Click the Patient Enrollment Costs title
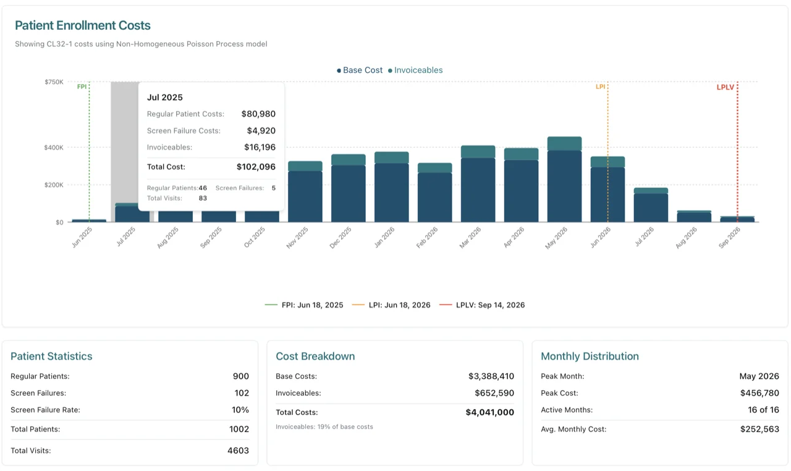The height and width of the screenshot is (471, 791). coord(83,25)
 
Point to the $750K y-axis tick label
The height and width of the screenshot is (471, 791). coord(54,82)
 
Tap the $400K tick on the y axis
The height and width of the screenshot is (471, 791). coord(54,148)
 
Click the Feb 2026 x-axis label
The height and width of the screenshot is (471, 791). coord(427,237)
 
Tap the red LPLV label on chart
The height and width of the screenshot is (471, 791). coord(725,87)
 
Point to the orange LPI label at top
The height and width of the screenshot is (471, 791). coord(600,87)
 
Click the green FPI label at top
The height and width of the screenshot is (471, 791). coord(82,87)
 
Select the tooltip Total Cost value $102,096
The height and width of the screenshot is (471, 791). coord(256,167)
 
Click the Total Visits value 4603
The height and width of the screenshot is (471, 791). coord(238,451)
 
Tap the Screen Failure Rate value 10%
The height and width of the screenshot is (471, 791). coord(240,410)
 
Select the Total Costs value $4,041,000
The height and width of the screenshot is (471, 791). coord(489,412)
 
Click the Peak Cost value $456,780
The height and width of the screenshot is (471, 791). coord(759,393)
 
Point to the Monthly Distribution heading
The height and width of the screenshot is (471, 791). coord(590,356)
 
